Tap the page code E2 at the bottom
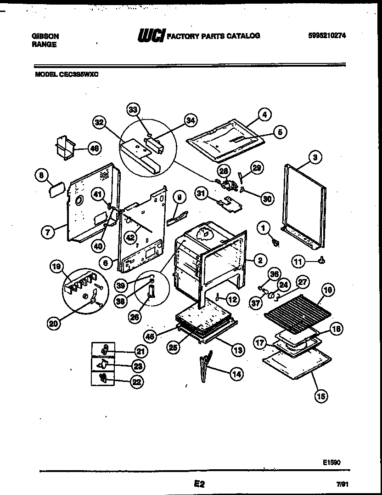(198, 484)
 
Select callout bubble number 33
(133, 109)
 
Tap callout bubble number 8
(41, 175)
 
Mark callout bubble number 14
(236, 374)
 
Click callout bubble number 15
(321, 395)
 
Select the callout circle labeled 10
(328, 290)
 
